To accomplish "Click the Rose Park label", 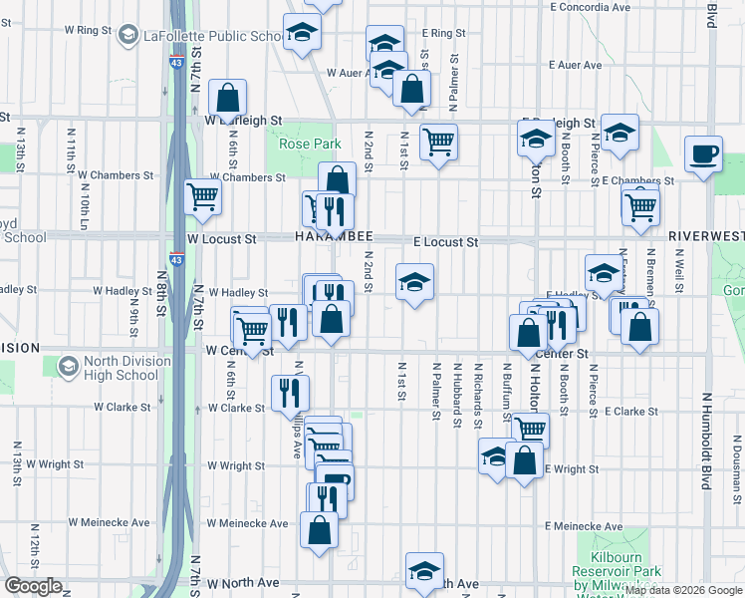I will tap(310, 145).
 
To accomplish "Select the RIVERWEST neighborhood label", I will tap(706, 236).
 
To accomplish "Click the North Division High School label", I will tap(108, 368).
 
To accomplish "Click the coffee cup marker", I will tap(704, 154).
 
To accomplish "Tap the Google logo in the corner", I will tap(33, 586).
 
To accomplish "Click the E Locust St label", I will tap(446, 242).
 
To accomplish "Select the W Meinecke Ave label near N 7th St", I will tap(248, 523).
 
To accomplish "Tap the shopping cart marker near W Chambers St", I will tap(203, 196).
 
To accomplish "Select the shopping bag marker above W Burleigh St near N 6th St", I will tap(228, 99).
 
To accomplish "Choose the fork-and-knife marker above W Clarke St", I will tap(291, 392).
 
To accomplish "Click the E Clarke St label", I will tap(631, 412).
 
